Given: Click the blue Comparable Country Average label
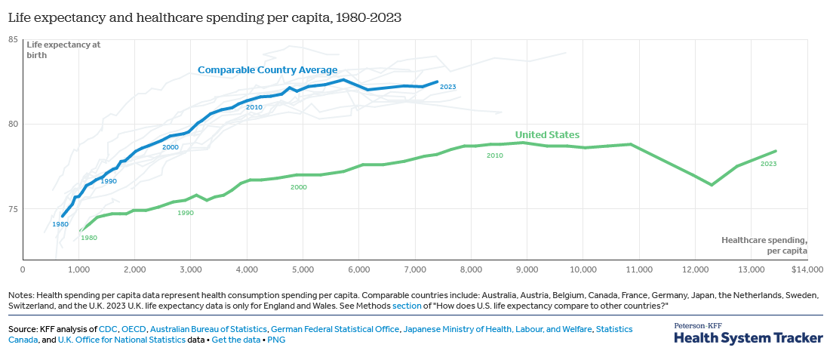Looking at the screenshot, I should tap(267, 70).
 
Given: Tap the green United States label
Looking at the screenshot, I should tap(547, 135).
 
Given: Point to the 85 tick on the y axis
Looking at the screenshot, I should tap(13, 39).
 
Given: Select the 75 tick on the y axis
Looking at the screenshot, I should tap(13, 209).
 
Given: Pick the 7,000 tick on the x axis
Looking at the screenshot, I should tap(414, 269).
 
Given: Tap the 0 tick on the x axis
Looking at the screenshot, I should tap(23, 269).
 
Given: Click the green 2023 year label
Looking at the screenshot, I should tap(768, 164).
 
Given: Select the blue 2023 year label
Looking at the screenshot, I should tap(447, 88).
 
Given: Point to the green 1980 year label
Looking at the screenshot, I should tap(89, 238).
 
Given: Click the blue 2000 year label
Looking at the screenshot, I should tap(170, 147).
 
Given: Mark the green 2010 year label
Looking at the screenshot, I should tap(494, 155).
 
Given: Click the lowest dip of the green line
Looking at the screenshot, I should tap(712, 185).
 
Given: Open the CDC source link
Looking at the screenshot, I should tap(108, 329).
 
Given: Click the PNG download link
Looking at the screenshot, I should tap(277, 340).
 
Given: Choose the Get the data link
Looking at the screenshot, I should tap(236, 340).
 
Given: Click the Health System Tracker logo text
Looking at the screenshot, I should tap(748, 337).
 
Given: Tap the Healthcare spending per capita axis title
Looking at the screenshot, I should tap(764, 245).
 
